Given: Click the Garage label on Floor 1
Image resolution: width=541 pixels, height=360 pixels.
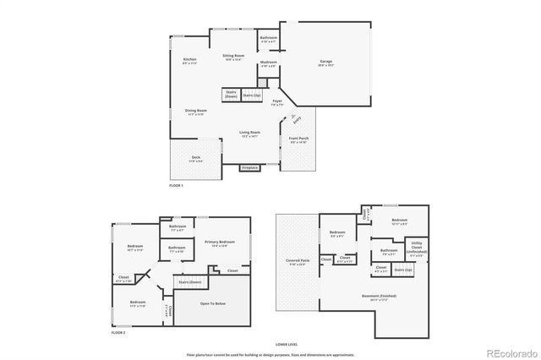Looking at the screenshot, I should [x=325, y=62].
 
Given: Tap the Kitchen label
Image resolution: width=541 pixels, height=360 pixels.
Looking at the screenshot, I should [x=190, y=60].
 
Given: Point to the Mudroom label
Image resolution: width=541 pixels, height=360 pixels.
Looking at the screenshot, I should [x=269, y=63].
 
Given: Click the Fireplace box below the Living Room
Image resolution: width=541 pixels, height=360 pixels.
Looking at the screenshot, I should [x=250, y=167].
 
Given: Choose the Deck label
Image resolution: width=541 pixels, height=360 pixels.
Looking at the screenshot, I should [x=195, y=157].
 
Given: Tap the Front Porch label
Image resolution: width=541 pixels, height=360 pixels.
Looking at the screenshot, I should [x=298, y=140].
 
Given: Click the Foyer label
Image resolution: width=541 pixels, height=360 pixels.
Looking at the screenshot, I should [x=277, y=103].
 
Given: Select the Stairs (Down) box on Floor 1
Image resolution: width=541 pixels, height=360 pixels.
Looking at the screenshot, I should [x=231, y=95].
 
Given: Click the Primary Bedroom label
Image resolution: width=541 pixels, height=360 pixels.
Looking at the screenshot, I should [x=218, y=243].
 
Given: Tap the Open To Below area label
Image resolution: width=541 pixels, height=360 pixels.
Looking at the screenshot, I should [x=211, y=303].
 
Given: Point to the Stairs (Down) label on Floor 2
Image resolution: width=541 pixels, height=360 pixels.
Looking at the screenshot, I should [x=190, y=282].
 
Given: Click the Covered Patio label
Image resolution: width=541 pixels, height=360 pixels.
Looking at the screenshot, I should [x=296, y=263].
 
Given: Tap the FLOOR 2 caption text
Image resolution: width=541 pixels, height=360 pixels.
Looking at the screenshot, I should [x=117, y=333].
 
